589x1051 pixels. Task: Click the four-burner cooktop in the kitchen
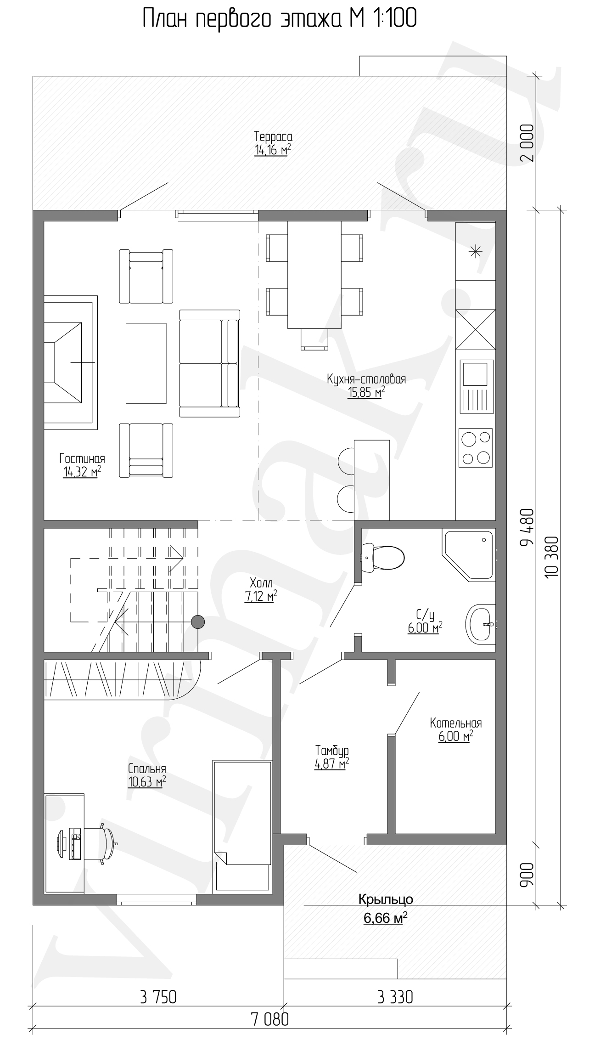475,447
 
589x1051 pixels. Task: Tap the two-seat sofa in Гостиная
209,363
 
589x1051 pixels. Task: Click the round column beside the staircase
198,622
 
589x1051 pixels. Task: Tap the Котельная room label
456,723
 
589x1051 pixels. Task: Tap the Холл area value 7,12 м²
261,596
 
